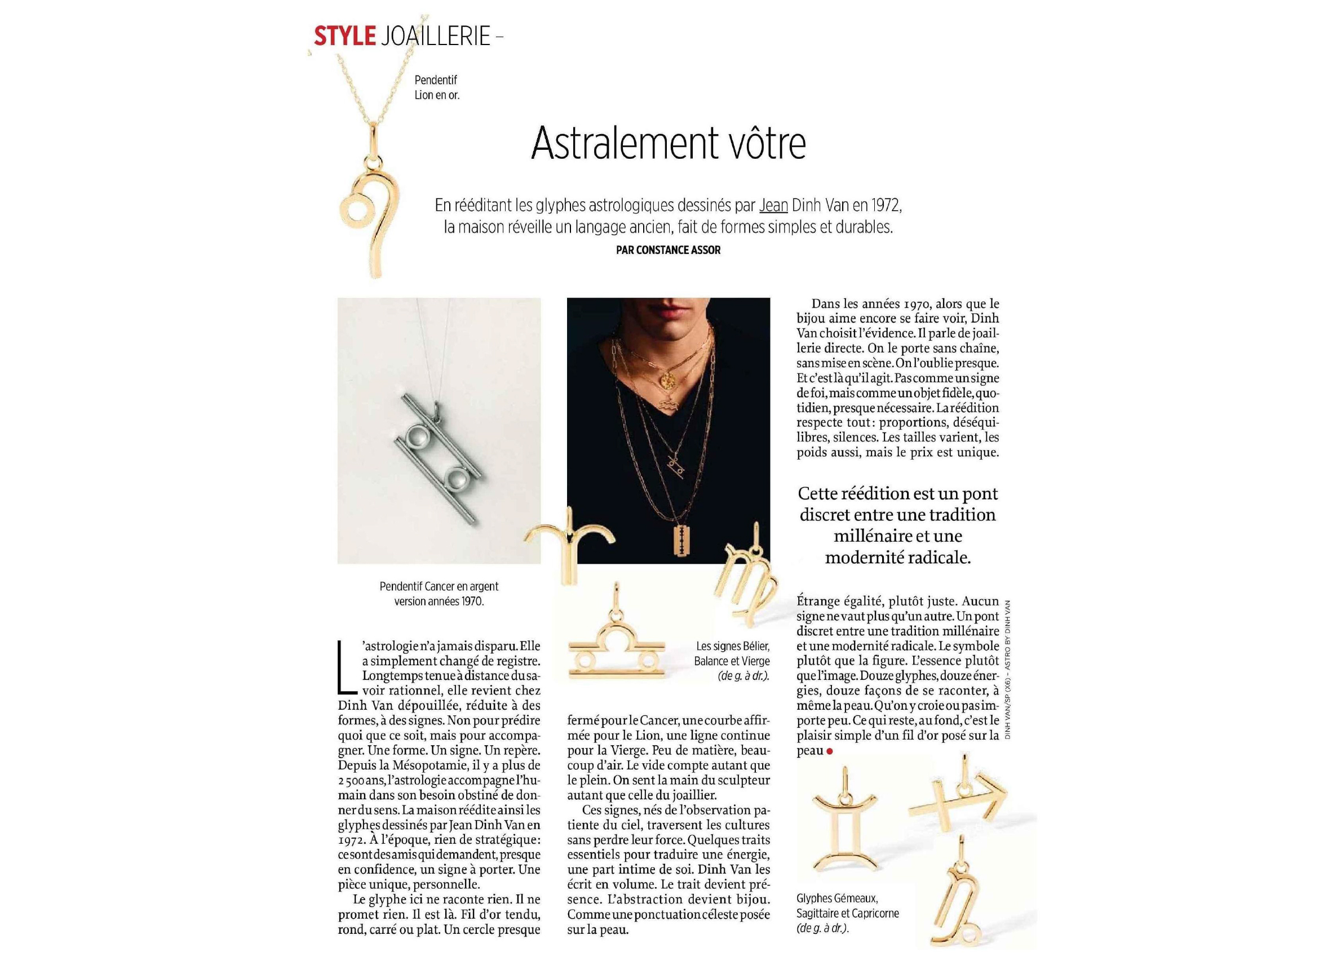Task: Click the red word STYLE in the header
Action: pyautogui.click(x=344, y=36)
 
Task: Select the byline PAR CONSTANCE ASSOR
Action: pyautogui.click(x=668, y=250)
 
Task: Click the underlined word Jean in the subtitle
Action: pyautogui.click(x=773, y=206)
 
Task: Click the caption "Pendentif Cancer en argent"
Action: pyautogui.click(x=439, y=586)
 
